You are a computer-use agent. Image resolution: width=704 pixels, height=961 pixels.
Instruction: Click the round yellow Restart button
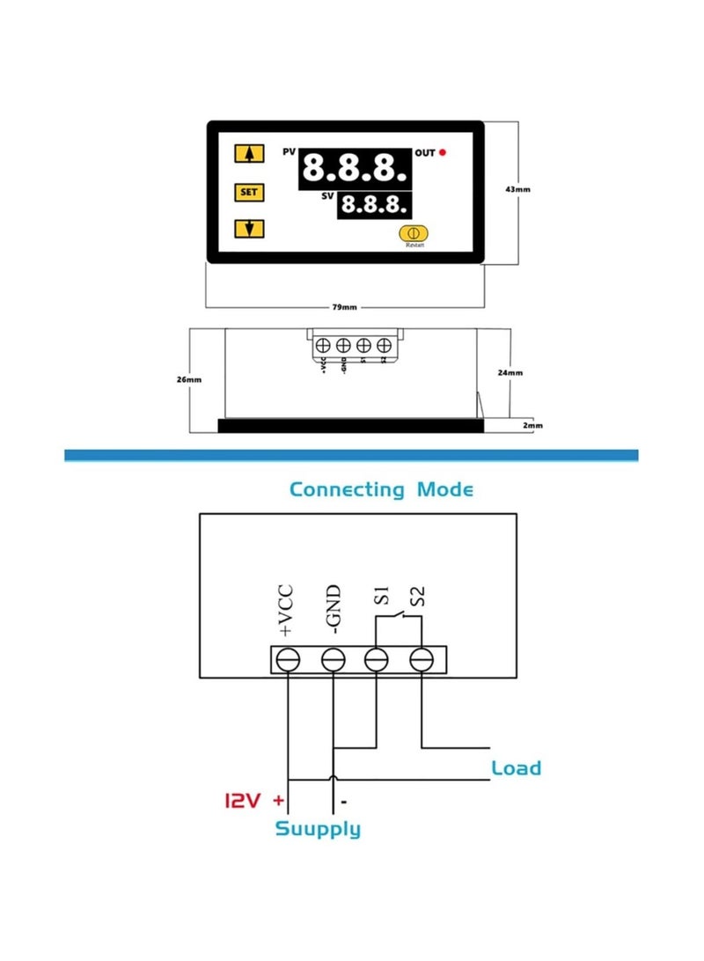click(413, 233)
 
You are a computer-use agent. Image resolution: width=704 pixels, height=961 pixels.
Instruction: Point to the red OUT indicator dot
click(443, 153)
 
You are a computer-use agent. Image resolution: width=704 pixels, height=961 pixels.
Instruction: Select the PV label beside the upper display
click(289, 152)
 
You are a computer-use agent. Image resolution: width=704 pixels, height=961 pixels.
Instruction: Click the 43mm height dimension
click(519, 189)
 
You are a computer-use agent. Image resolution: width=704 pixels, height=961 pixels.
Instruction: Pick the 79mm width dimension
click(344, 307)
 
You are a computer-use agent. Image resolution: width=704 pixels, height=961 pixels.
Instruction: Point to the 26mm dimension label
click(189, 379)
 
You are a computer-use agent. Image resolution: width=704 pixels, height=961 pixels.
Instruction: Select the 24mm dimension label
click(510, 372)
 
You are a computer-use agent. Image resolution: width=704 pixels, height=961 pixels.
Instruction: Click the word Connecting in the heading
click(347, 488)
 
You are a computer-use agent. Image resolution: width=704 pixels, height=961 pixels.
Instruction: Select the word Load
click(516, 767)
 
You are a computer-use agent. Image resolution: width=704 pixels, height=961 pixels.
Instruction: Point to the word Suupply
click(318, 828)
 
